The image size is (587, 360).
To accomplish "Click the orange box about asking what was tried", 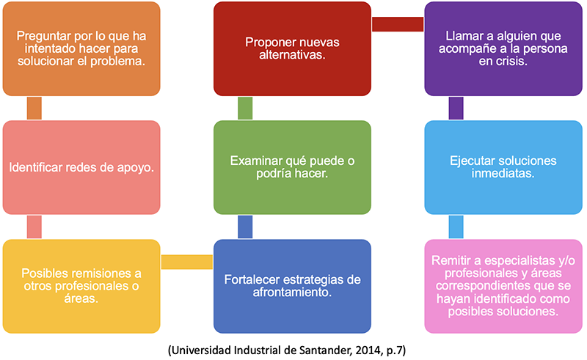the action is pos(81,48).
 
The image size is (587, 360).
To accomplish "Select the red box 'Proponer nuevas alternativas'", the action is pos(292,48).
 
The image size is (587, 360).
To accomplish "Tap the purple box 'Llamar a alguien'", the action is pos(503,48).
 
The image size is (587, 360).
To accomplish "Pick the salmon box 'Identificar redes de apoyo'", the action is pos(81,167).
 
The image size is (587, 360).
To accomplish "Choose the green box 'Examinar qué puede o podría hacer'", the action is pos(292,167).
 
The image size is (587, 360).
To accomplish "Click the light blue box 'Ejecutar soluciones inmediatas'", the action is pos(503,167).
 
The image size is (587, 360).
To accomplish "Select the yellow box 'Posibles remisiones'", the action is pos(81,286).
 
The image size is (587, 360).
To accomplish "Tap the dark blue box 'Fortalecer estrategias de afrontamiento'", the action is pos(292,286).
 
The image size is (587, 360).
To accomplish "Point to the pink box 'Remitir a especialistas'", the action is pos(503,286).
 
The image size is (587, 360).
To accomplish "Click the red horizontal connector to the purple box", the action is pos(398,24).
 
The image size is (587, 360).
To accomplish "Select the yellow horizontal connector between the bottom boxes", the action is pos(187,262).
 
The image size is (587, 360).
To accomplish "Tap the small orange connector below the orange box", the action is pos(34,109).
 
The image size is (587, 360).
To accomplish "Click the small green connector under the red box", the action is pos(245,109).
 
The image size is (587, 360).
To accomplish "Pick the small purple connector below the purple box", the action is pos(456,109).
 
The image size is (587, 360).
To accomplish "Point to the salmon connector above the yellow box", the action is pos(34,227).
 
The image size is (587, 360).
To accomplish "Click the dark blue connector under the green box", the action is pos(245,227).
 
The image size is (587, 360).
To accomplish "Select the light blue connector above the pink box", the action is pos(456,227).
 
